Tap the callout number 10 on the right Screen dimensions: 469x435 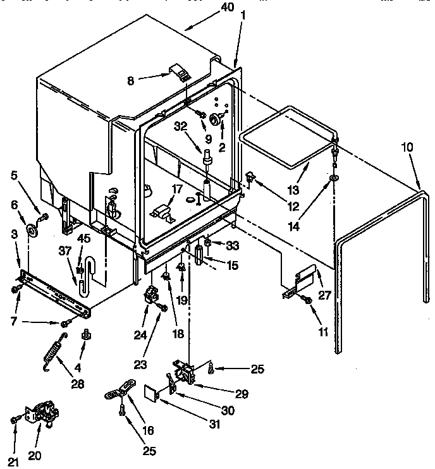point(408,147)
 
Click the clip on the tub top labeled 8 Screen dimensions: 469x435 point(182,74)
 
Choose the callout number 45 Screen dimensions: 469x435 point(84,239)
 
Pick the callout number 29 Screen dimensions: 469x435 point(242,393)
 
